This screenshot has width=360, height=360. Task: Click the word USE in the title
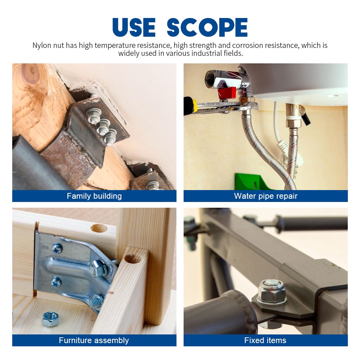[134, 27]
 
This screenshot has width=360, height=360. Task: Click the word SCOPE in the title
[207, 27]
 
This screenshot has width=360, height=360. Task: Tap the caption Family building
[94, 196]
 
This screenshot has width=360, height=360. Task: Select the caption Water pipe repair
[266, 196]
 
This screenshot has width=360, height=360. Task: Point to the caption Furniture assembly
[94, 340]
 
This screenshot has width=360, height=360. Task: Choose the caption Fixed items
[265, 340]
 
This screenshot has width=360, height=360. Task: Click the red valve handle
[227, 93]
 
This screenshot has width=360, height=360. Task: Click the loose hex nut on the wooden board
[50, 319]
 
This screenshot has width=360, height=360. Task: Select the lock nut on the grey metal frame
[271, 292]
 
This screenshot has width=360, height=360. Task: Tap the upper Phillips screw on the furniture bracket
[57, 249]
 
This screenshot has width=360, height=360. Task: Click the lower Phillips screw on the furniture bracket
[56, 282]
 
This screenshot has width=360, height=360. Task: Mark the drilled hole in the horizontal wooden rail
[99, 228]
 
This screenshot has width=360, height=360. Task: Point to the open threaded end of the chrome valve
[210, 79]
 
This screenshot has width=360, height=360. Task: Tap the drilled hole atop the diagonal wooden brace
[133, 258]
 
